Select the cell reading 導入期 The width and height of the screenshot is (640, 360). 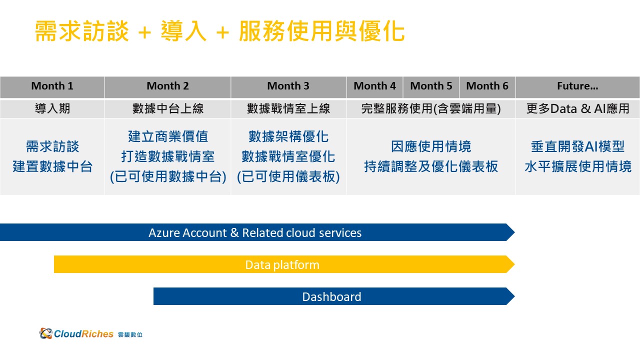pyautogui.click(x=52, y=108)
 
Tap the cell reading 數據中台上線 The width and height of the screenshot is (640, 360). pyautogui.click(x=167, y=108)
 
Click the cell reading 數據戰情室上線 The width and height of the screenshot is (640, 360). pyautogui.click(x=288, y=108)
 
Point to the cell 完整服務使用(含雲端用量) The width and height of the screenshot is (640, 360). pyautogui.click(x=431, y=108)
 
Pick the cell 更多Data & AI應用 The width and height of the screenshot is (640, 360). pyautogui.click(x=577, y=108)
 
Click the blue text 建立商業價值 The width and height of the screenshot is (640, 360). pyautogui.click(x=168, y=136)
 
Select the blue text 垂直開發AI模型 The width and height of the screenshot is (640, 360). pyautogui.click(x=577, y=146)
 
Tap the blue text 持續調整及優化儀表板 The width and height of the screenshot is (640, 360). pyautogui.click(x=431, y=166)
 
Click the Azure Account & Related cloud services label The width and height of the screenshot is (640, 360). pyautogui.click(x=255, y=232)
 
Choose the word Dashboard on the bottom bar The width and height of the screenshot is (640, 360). pyautogui.click(x=331, y=296)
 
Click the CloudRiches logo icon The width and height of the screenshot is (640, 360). pyautogui.click(x=45, y=333)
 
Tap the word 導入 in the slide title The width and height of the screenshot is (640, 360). pyautogui.click(x=183, y=31)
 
